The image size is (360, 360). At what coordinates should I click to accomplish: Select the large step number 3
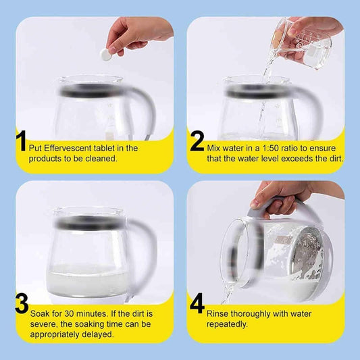tap(22, 303)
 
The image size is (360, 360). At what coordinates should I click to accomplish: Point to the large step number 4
tap(197, 303)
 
